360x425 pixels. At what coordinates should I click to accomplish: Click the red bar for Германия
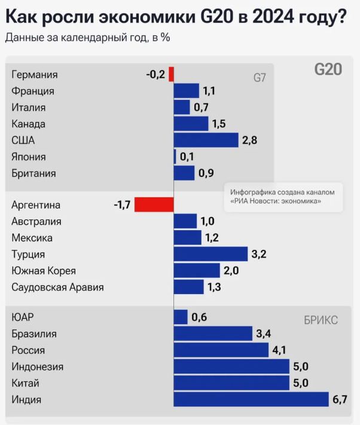pos(171,75)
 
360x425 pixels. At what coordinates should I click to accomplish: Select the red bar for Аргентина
pos(154,205)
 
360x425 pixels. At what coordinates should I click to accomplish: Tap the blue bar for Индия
pos(251,399)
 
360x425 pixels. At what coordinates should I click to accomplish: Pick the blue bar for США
pos(206,140)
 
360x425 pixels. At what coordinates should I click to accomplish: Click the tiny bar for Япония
pos(175,157)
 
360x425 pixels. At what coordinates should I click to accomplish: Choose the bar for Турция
pos(210,254)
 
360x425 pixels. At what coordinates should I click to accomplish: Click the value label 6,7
pos(341,399)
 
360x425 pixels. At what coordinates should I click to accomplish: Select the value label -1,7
pos(122,205)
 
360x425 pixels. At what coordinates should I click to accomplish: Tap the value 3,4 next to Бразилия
pos(264,334)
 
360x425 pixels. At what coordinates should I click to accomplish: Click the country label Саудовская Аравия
pos(57,287)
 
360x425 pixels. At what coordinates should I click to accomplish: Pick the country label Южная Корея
pos(44,271)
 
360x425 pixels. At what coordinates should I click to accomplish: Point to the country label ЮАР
pos(23,317)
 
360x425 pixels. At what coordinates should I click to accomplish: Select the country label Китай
pos(26,383)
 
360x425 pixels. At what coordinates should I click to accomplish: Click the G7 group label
pos(260,78)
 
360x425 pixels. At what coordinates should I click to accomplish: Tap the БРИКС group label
pos(321,320)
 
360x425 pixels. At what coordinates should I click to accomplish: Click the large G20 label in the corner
pos(328,69)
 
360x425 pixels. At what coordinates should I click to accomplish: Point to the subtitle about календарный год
pos(87,37)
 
